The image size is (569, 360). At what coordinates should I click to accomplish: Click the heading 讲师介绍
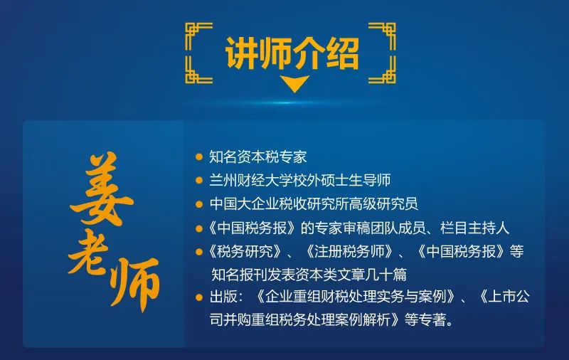[292, 53]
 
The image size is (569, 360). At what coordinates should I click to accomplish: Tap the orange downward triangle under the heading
[294, 83]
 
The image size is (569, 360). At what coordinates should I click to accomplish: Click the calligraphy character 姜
[100, 189]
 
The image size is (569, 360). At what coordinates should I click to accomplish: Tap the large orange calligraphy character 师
[134, 283]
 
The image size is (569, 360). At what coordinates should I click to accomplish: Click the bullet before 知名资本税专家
[199, 157]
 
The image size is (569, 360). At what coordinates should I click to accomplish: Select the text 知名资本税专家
[258, 157]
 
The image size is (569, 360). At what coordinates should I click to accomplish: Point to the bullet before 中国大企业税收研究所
[199, 204]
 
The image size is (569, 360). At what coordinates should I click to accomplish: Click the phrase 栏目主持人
[474, 228]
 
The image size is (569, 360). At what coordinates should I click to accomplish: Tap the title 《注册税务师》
[349, 251]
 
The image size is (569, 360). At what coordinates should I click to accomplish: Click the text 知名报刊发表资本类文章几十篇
[309, 275]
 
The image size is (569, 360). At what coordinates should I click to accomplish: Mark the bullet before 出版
[199, 297]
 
